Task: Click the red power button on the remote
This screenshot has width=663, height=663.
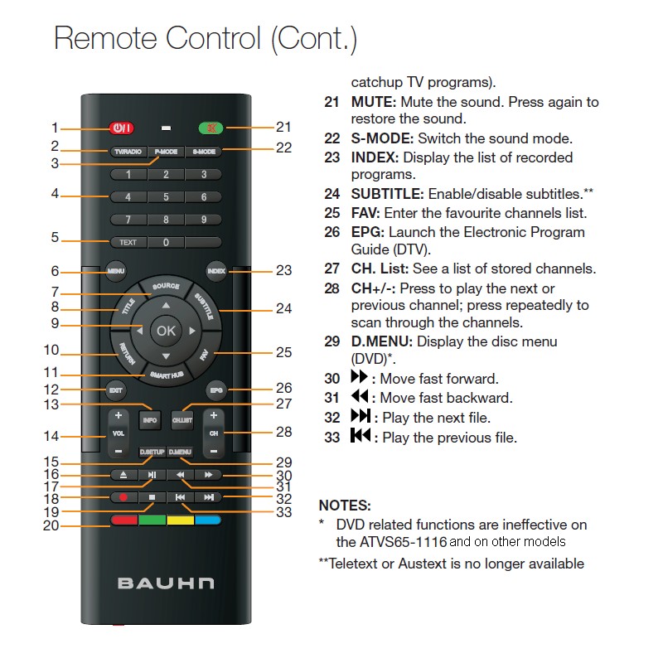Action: [x=121, y=128]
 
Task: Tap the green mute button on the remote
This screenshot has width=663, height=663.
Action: [x=211, y=128]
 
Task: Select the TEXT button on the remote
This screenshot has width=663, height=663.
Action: [x=128, y=242]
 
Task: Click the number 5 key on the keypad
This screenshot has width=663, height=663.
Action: [x=166, y=197]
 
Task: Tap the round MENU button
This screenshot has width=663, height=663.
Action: [x=116, y=271]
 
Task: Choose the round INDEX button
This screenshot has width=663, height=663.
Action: [x=216, y=271]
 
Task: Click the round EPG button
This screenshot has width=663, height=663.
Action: [x=216, y=390]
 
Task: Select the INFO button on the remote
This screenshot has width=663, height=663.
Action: [x=150, y=420]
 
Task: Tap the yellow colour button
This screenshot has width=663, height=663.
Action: [x=181, y=520]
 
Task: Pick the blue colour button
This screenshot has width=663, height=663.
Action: [x=208, y=520]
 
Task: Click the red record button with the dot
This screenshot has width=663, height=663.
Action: [x=123, y=497]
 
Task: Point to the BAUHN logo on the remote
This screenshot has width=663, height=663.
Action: [x=166, y=583]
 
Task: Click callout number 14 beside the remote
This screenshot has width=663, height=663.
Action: [x=51, y=436]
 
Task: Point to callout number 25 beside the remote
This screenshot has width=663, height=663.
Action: [x=283, y=352]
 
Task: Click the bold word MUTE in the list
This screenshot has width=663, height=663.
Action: [x=374, y=102]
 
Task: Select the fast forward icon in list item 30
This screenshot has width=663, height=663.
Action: [x=360, y=376]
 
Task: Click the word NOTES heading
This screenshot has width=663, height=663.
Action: [x=345, y=506]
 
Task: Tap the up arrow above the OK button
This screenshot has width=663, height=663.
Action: [x=167, y=305]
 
